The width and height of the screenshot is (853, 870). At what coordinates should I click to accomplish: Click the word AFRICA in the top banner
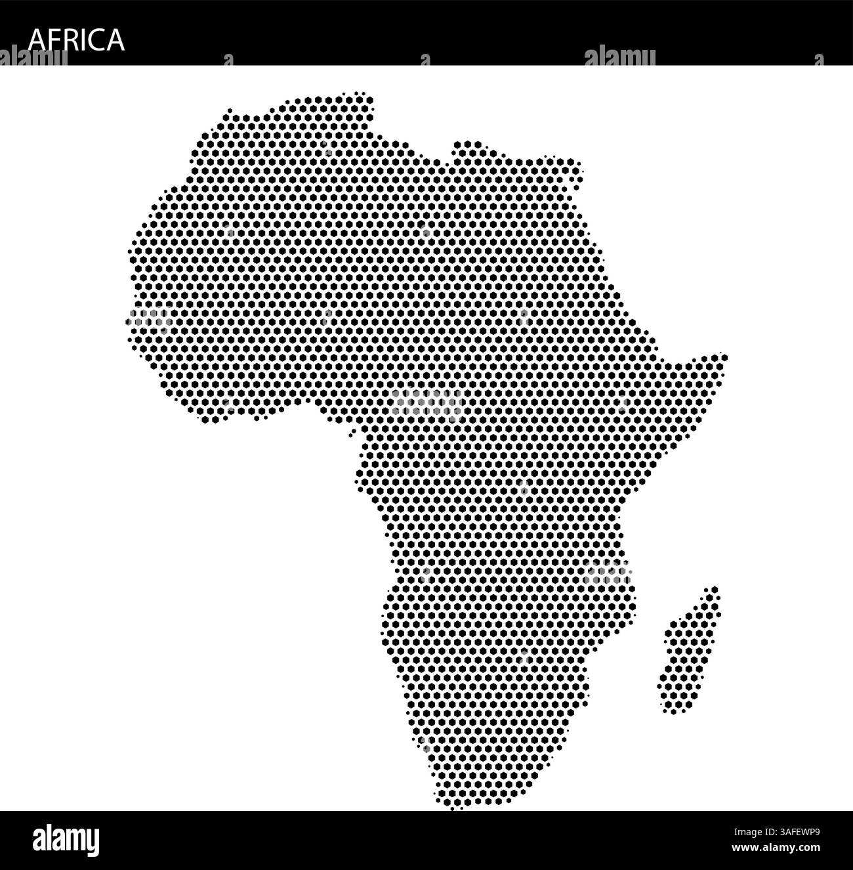point(76,39)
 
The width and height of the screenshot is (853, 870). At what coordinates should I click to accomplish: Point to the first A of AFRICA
point(37,40)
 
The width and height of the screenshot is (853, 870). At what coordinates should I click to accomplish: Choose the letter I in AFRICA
point(83,40)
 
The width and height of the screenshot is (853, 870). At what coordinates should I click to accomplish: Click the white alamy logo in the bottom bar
point(66,840)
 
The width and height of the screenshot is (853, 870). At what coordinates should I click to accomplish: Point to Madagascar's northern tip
point(713,590)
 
